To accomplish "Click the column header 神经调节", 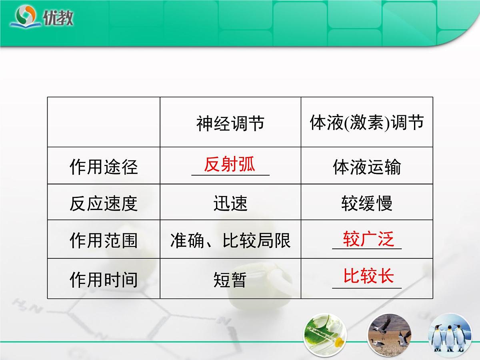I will [230, 123].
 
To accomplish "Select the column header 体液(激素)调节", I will [366, 122].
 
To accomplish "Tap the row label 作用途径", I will [104, 166].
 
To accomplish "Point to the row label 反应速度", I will [104, 203].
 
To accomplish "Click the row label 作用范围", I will [104, 240].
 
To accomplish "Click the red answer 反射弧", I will [229, 164].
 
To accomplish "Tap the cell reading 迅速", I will [230, 203].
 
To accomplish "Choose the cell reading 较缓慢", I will [366, 203].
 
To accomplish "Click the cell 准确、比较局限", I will [230, 240].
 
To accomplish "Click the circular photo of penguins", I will [450, 335].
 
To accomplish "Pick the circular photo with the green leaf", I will [325, 335].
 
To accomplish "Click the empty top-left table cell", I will [104, 122].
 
